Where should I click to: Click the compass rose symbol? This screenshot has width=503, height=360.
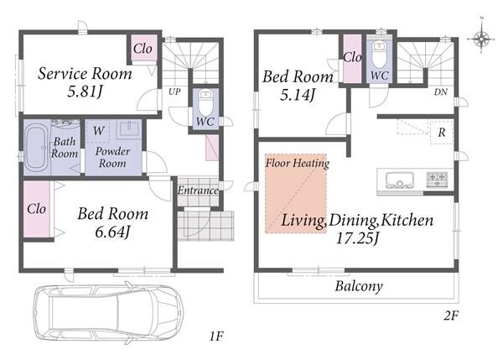[481, 38]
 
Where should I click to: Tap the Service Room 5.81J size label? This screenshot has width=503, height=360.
[85, 92]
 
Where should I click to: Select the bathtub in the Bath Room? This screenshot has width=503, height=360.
[37, 148]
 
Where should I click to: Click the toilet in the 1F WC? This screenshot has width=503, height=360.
[205, 102]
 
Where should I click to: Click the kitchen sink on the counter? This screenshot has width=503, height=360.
[400, 180]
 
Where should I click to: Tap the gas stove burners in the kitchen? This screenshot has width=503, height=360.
[437, 179]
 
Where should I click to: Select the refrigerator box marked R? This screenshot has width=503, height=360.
[442, 132]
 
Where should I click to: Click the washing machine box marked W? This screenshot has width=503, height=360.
[98, 131]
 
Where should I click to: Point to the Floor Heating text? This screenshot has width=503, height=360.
[298, 163]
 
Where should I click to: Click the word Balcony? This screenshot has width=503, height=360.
[359, 286]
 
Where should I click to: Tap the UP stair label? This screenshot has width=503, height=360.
[174, 91]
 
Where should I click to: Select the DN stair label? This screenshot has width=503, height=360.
[441, 92]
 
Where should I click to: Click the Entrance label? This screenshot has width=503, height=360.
[198, 190]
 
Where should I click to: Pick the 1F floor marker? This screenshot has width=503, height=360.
[216, 337]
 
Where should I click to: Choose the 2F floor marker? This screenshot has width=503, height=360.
[451, 316]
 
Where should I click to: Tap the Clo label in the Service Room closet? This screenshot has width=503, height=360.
[143, 49]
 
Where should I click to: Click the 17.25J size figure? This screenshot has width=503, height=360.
[358, 238]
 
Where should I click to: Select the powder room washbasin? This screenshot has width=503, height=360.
[128, 129]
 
